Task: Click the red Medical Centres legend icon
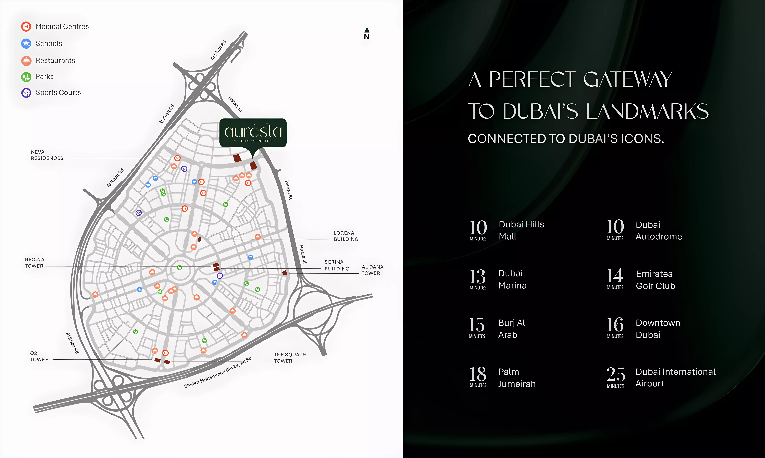click(x=26, y=27)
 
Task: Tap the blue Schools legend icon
click(x=26, y=44)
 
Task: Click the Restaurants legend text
click(x=55, y=61)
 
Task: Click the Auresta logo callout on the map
click(x=253, y=133)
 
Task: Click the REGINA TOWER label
click(x=34, y=263)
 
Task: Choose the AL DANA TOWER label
click(x=372, y=270)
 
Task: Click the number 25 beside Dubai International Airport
click(x=616, y=374)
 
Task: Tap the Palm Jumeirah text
click(x=517, y=378)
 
